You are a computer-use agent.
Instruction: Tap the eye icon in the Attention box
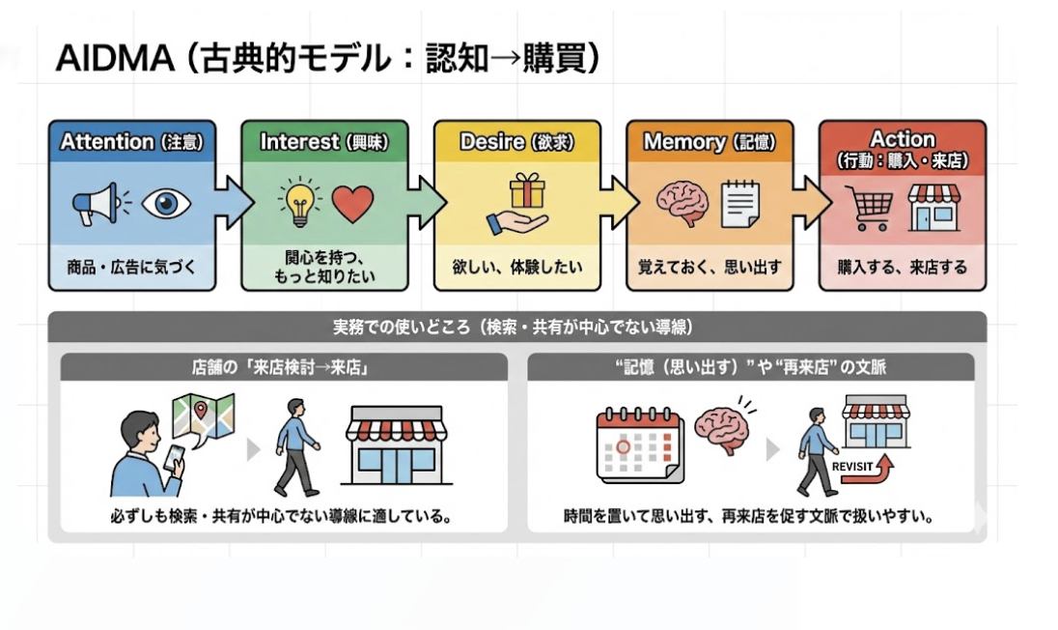point(166,204)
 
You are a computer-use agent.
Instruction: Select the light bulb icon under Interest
point(298,201)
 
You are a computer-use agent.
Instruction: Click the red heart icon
point(352,203)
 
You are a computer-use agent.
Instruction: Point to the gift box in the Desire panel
point(527,190)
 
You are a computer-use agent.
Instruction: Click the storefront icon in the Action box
point(933,205)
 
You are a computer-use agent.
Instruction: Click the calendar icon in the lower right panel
point(638,444)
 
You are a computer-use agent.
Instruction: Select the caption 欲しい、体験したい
point(516,267)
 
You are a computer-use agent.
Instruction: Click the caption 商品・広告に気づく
point(131,267)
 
